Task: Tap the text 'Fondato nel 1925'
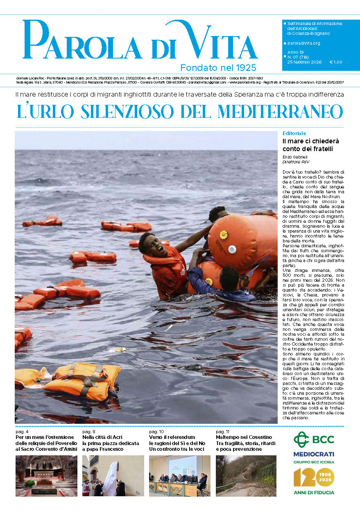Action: (218, 67)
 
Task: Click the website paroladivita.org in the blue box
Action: (303, 43)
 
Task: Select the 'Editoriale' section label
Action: (294, 133)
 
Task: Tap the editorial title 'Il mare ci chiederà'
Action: (310, 141)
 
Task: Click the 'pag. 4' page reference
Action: (22, 432)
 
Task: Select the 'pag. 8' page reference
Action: (89, 432)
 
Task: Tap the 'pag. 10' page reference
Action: (156, 432)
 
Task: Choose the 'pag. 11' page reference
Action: (223, 432)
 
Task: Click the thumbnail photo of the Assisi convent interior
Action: (46, 476)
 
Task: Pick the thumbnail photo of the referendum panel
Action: (179, 476)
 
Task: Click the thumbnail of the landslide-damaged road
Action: (246, 476)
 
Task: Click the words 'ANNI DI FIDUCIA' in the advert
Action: (314, 492)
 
